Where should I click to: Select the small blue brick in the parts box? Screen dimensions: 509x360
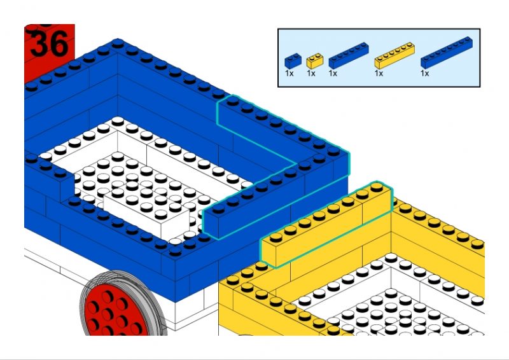293,60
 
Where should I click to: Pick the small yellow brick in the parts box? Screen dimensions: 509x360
315,60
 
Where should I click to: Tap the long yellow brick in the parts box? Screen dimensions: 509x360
394,55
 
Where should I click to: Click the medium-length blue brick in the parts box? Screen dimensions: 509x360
349,55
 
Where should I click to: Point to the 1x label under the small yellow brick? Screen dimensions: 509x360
311,74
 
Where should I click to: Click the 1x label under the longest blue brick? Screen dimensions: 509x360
424,74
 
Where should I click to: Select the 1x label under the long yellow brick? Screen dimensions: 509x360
379,74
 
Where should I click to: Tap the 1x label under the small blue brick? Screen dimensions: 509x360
289,74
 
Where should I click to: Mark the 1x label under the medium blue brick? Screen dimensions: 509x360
333,74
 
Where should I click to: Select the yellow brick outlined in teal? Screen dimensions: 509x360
326,224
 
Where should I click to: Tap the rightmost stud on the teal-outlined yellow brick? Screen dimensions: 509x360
377,187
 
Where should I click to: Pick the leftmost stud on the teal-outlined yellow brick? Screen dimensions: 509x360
275,237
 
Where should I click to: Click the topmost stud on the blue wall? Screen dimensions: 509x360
118,43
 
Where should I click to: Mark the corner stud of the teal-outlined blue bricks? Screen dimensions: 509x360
333,151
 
